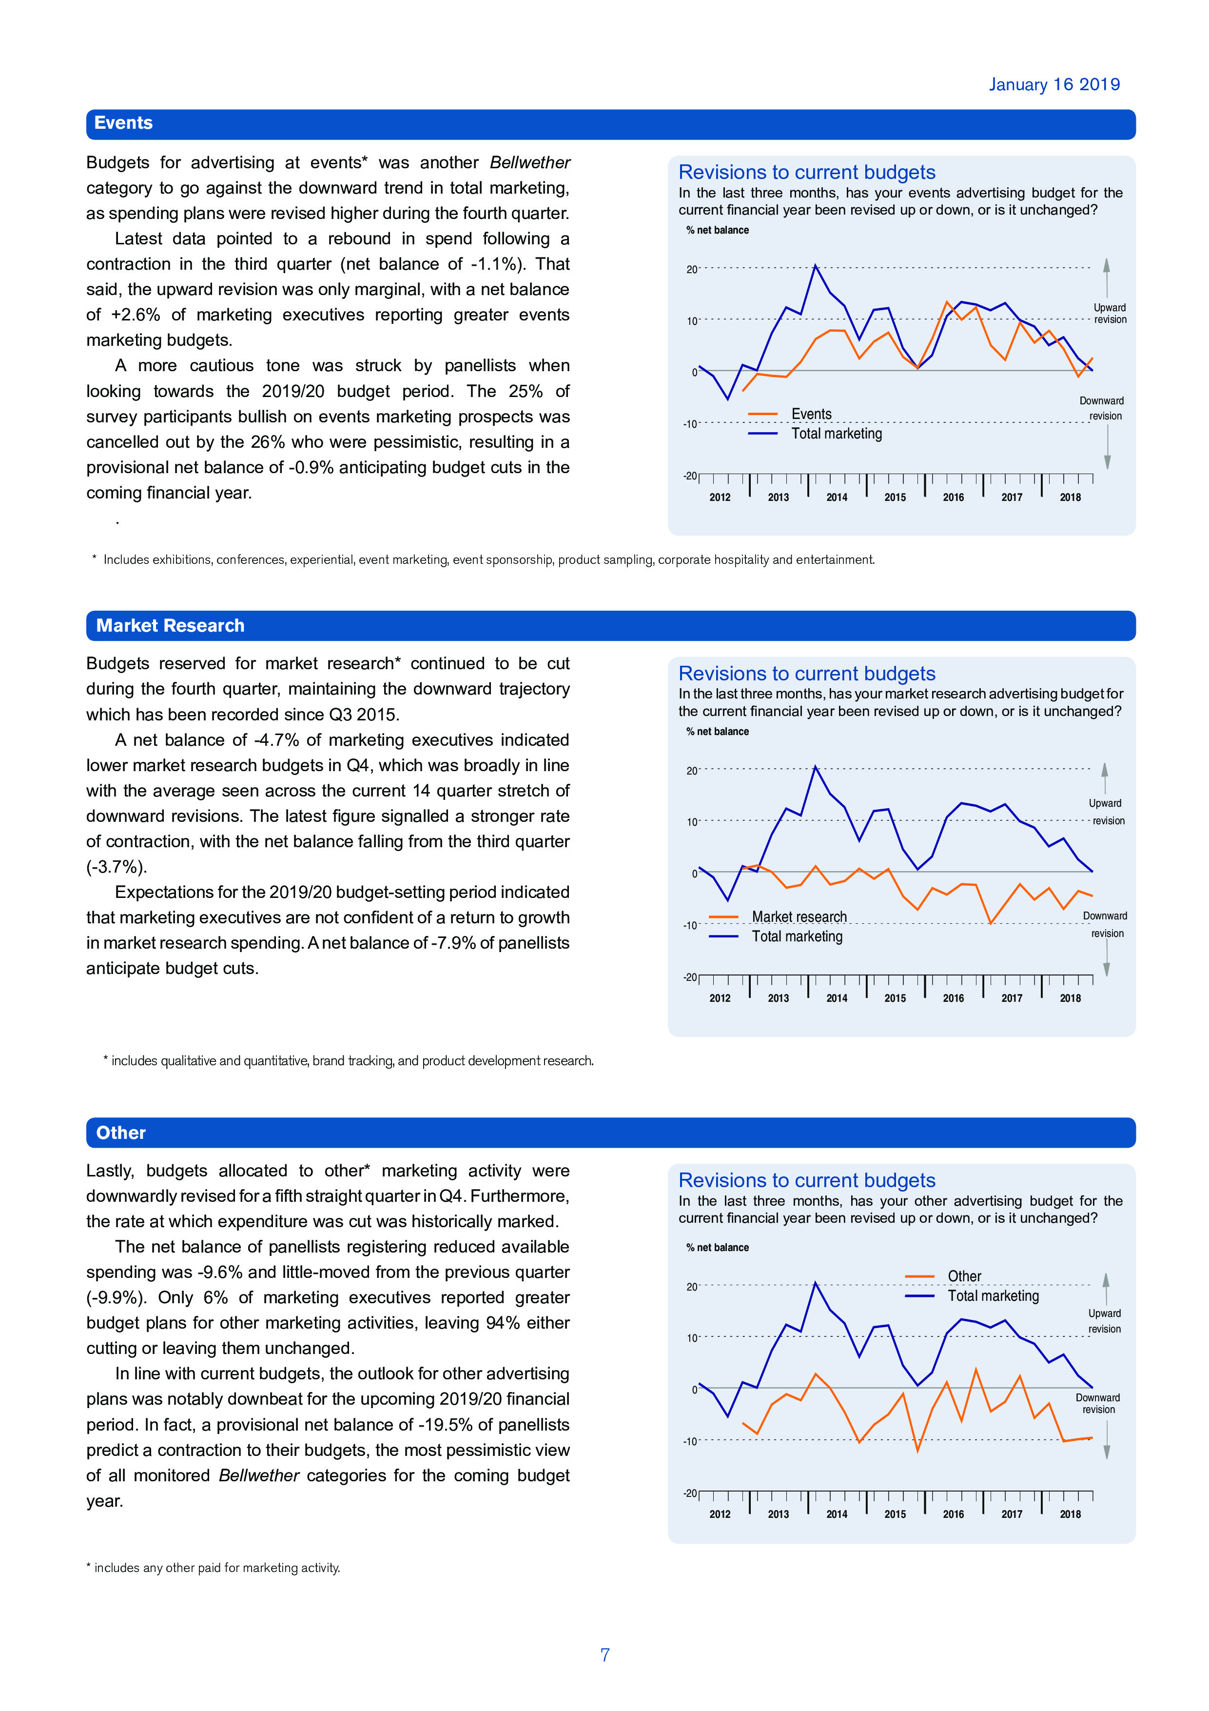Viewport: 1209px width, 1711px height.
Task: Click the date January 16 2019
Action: tap(1053, 85)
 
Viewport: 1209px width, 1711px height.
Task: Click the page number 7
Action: tap(605, 1655)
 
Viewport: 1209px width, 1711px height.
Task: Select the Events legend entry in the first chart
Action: tap(811, 414)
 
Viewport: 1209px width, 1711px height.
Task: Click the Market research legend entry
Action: tap(799, 916)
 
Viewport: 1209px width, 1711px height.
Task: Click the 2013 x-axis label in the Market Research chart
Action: tap(778, 998)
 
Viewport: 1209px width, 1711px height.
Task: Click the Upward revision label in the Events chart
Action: tap(1109, 314)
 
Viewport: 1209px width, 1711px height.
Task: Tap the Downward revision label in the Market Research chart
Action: tap(1106, 925)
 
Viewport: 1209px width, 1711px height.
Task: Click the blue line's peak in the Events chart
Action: tap(815, 265)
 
